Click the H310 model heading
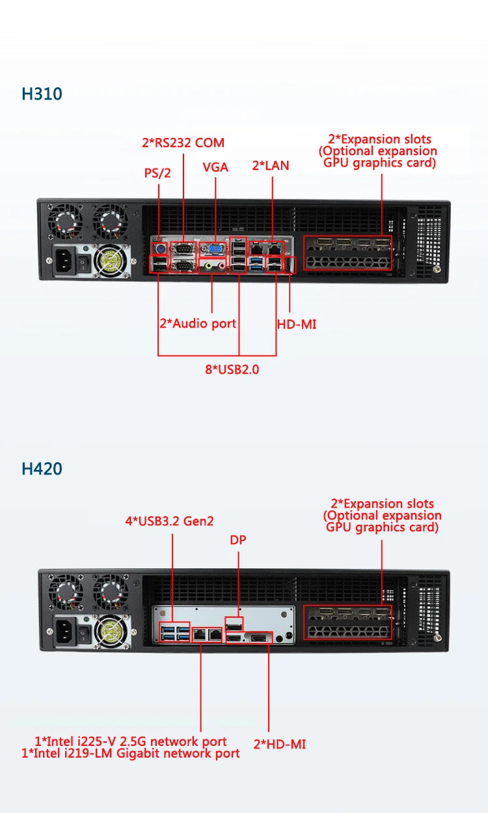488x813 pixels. point(42,94)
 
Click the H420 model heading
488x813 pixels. point(42,469)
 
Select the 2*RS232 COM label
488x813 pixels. point(183,143)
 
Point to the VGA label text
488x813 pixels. point(215,167)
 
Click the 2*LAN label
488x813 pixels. point(271,166)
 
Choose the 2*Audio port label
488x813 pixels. point(198,324)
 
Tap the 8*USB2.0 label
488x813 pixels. point(232,370)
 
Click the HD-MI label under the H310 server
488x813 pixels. point(297,324)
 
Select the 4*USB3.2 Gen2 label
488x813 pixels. point(169,521)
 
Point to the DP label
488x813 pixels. point(238,540)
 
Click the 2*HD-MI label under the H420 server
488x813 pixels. point(280,744)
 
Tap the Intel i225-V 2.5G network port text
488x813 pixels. point(131,741)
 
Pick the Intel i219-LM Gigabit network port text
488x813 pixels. point(131,753)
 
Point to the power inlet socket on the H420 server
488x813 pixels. point(66,629)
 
